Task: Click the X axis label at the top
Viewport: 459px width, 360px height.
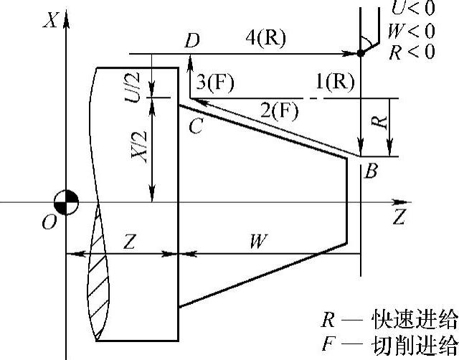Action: pyautogui.click(x=50, y=19)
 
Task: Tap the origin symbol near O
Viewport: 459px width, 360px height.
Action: pyautogui.click(x=65, y=202)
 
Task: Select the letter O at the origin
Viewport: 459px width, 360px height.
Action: pyautogui.click(x=49, y=224)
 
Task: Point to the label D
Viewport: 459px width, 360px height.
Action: pyautogui.click(x=191, y=41)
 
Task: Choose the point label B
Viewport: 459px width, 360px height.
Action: pyautogui.click(x=371, y=172)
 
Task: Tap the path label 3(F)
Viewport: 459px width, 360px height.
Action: pyautogui.click(x=214, y=82)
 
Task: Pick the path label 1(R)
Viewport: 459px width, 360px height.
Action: pyautogui.click(x=335, y=82)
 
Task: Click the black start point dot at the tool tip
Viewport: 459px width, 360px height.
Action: pyautogui.click(x=361, y=53)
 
